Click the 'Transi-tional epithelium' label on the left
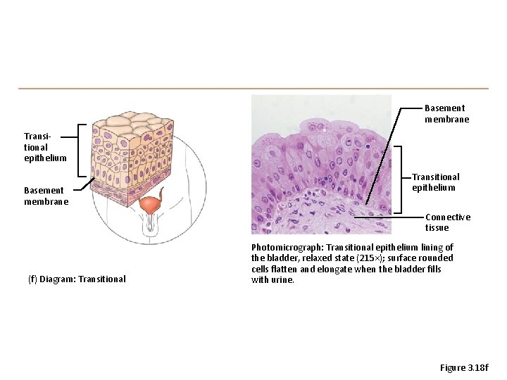point(45,147)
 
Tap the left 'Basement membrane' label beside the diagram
point(46,196)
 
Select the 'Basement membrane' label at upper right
point(446,113)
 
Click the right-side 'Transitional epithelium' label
point(435,182)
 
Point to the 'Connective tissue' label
point(447,222)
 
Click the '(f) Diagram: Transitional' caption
point(77,279)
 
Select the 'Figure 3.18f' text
point(463,368)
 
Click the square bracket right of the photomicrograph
point(399,179)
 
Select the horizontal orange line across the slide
point(254,89)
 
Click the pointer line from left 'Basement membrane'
point(87,184)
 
